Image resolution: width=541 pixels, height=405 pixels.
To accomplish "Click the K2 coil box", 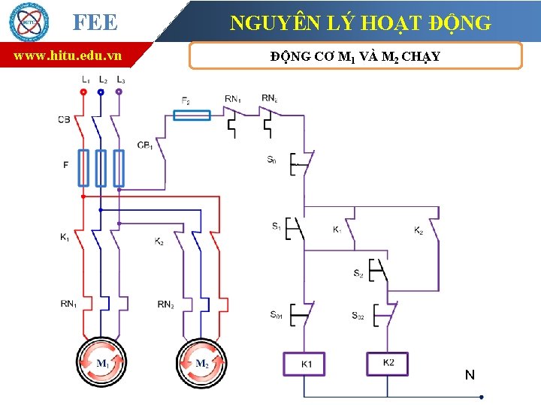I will (x=388, y=363).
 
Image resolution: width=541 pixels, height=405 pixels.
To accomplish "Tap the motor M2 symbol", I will (x=201, y=364).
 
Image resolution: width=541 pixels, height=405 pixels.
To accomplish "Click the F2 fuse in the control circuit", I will (x=192, y=115).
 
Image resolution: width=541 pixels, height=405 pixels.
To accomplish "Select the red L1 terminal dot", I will (x=83, y=92).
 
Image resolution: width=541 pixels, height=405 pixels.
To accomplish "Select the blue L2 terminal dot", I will (x=101, y=92).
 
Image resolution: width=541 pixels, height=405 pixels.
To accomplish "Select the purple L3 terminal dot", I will (x=119, y=92).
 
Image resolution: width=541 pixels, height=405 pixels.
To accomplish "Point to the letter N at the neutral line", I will (x=470, y=374).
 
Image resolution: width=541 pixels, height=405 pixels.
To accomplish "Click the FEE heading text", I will (x=95, y=22).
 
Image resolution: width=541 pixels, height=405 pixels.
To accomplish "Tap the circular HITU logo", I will (x=28, y=22).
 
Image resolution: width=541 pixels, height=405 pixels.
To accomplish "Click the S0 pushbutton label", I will (x=271, y=160).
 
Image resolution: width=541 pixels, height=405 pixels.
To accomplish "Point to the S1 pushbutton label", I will (x=276, y=226).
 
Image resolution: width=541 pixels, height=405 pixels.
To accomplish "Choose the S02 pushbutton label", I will (x=358, y=316).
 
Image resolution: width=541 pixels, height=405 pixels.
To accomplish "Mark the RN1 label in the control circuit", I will (x=233, y=98).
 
